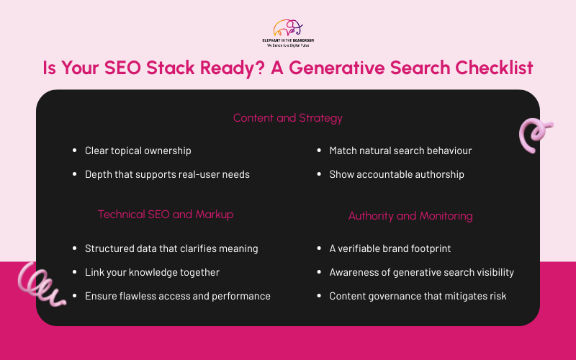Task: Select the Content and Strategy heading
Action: tap(287, 117)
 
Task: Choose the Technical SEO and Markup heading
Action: tap(166, 214)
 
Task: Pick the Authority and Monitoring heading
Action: tap(410, 215)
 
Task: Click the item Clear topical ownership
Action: tap(138, 150)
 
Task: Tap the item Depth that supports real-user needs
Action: tap(167, 174)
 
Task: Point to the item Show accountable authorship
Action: tap(397, 174)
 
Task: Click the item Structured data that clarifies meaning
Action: tap(171, 248)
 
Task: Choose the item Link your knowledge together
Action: tap(152, 272)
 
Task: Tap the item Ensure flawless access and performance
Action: tap(178, 296)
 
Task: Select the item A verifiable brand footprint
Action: tap(390, 248)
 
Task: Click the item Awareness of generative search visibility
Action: tap(421, 272)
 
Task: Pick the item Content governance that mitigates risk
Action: tap(418, 296)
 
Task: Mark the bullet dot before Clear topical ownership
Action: tap(75, 151)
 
